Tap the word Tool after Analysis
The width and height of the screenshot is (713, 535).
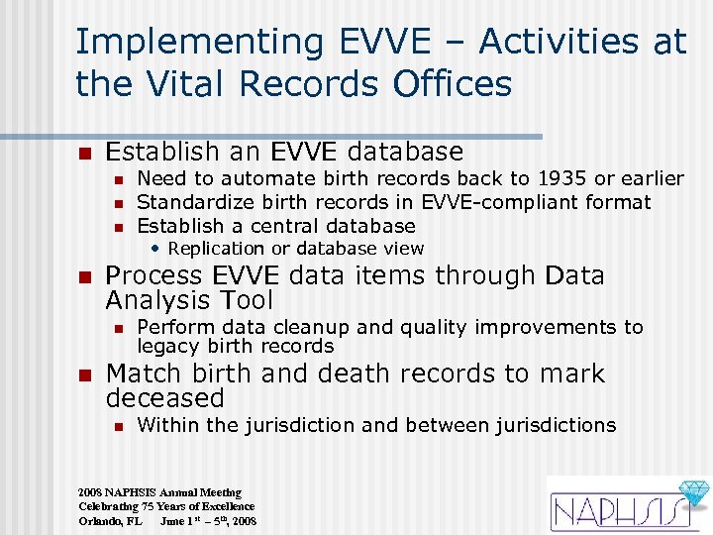coord(243,300)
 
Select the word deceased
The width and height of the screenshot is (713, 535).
coord(165,398)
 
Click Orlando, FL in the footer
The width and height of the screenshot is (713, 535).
coord(111,520)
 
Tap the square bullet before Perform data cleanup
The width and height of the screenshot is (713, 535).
coord(117,328)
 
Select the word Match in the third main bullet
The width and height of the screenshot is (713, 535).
coord(142,374)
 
